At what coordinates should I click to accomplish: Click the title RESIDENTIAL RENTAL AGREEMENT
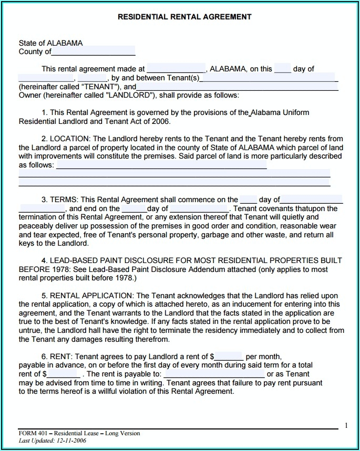tap(184, 17)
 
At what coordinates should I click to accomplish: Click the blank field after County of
tap(93, 51)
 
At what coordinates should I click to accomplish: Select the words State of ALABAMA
tap(50, 43)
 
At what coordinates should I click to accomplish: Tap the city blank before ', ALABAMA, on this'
tap(176, 69)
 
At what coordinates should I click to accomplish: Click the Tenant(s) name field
tap(268, 78)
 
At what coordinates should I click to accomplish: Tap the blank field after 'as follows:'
tap(161, 165)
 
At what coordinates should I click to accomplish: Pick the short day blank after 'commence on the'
tap(248, 200)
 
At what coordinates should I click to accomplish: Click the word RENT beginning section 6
tap(59, 356)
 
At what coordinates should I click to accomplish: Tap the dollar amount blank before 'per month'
tap(228, 356)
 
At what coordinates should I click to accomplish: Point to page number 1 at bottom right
tap(346, 425)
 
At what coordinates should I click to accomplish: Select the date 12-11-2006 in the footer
tap(71, 440)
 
